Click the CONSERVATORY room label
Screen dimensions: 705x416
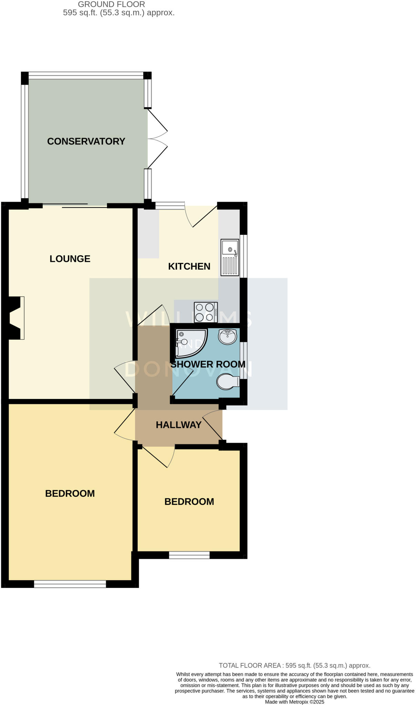coord(86,141)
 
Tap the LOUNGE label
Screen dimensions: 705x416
coord(70,259)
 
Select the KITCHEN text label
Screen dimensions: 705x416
coord(189,266)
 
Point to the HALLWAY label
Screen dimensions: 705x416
coord(178,425)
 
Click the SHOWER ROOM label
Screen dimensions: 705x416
coord(208,364)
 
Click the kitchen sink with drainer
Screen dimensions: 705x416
coord(230,257)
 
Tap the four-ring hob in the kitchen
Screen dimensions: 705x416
coord(206,312)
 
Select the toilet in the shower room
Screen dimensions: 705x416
coord(228,381)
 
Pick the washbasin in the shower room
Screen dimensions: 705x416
coord(227,336)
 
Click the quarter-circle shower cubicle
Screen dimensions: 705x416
coord(190,342)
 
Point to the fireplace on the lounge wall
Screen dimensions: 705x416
coord(16,318)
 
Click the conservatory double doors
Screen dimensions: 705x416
coord(157,139)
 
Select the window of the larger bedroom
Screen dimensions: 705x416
coord(70,584)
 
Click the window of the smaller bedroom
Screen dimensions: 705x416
coord(189,555)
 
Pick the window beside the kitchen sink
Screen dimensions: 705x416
coord(243,256)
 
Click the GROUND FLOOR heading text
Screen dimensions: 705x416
coord(111,4)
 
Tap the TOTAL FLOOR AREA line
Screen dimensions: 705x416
coord(294,665)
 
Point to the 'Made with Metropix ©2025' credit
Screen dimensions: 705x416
coord(294,702)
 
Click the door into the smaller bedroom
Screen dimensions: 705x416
coord(159,456)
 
